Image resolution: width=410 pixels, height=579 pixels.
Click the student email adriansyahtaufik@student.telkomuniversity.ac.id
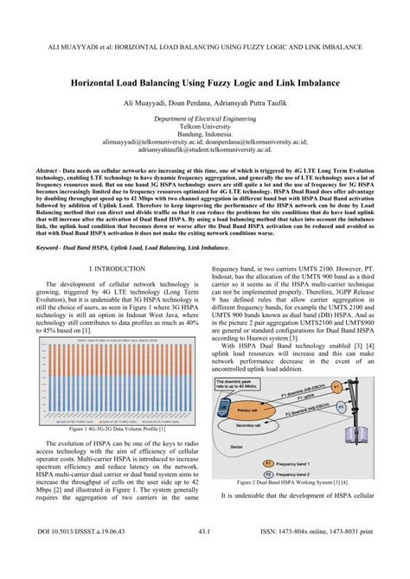click(204, 149)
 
